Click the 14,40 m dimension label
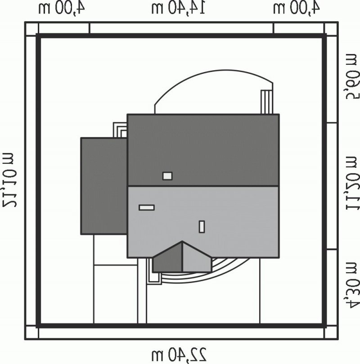[x=178, y=8]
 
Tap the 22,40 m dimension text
[x=179, y=354]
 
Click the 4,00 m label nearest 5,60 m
[x=297, y=8]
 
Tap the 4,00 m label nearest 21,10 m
[x=61, y=8]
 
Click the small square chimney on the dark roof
[x=167, y=176]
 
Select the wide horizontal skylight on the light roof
[x=146, y=207]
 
